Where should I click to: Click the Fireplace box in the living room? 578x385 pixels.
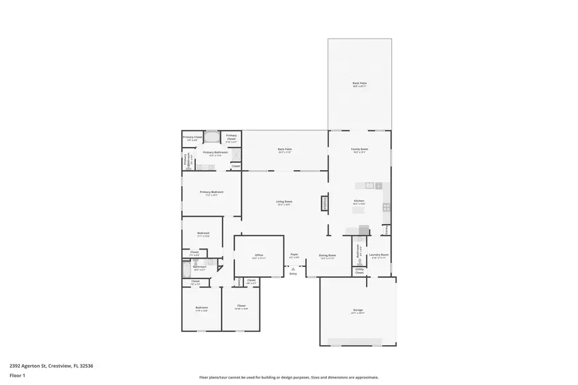324,203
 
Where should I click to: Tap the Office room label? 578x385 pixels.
259,256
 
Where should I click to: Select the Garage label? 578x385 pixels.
358,312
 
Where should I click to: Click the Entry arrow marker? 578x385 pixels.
293,269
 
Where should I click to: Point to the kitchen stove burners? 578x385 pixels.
386,207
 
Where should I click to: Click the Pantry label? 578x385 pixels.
387,230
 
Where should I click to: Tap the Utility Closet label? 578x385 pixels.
359,271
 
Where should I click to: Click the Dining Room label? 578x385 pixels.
328,256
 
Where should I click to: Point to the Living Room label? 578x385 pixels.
284,203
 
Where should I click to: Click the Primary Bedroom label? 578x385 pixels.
211,193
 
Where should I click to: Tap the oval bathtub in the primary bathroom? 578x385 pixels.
213,137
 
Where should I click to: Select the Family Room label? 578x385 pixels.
359,150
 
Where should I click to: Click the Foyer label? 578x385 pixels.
294,255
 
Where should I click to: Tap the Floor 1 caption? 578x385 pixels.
17,375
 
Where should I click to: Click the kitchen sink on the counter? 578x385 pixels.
370,185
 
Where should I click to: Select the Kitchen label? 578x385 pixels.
358,202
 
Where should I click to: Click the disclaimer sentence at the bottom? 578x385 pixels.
288,377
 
